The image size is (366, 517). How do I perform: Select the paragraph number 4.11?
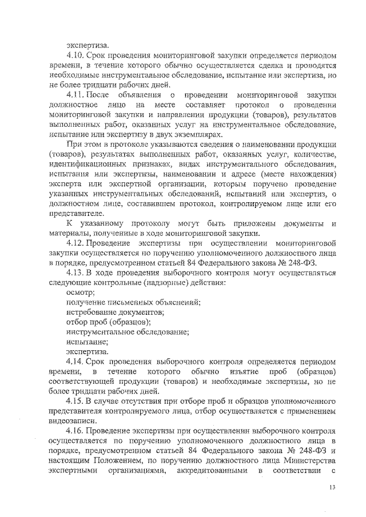coord(75,94)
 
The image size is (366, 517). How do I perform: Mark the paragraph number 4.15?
coord(75,401)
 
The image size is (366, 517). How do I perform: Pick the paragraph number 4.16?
coord(75,431)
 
